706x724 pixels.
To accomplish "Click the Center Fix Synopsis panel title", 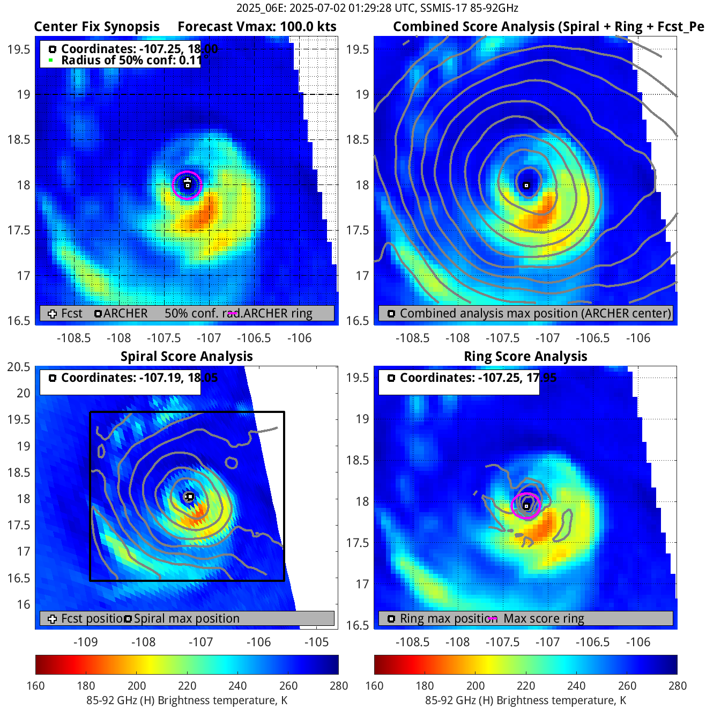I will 96,27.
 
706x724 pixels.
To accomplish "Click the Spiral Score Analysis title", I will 187,357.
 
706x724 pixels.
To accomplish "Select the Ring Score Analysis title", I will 525,357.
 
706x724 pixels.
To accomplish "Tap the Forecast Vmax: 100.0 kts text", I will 257,27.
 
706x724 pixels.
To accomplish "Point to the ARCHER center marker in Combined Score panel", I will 526,186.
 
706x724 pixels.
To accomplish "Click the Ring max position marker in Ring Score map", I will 526,506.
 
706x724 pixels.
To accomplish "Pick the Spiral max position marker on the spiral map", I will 190,497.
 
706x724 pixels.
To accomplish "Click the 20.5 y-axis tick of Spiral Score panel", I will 19,367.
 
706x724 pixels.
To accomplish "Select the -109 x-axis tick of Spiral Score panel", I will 85,642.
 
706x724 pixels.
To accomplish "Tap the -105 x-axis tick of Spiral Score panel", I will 316,642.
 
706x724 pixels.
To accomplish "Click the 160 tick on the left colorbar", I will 35,686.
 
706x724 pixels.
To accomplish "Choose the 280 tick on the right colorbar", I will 677,686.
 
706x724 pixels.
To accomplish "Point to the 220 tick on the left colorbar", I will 187,686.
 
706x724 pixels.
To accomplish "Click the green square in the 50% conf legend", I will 51,60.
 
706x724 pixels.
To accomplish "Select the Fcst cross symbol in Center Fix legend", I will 52,314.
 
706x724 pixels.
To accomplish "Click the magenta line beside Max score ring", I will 493,618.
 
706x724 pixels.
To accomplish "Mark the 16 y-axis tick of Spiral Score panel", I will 23,604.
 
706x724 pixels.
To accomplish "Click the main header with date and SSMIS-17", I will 377,8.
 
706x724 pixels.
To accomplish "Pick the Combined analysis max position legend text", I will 535,314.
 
